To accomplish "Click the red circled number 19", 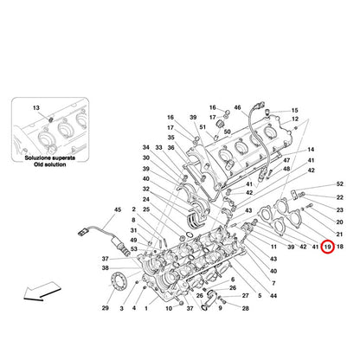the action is [x=327, y=247].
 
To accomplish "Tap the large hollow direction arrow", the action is [x=42, y=291].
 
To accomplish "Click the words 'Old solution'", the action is [x=49, y=164].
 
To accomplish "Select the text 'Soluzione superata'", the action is [x=50, y=158].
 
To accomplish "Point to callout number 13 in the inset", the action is [x=36, y=108].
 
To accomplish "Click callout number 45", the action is [x=118, y=209].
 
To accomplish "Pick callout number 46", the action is [x=237, y=107].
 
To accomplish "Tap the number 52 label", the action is [x=340, y=184].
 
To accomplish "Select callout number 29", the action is [x=106, y=308].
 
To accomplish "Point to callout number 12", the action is [x=295, y=119].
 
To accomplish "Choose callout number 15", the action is [x=294, y=111].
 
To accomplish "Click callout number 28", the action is [x=245, y=309].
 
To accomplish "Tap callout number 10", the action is [x=169, y=309].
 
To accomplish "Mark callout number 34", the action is [x=146, y=148].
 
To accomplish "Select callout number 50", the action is [x=228, y=132].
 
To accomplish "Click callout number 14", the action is [x=311, y=150].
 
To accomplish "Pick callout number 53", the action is [x=134, y=249].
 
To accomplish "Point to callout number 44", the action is [x=273, y=296].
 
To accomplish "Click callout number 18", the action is [x=340, y=247].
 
